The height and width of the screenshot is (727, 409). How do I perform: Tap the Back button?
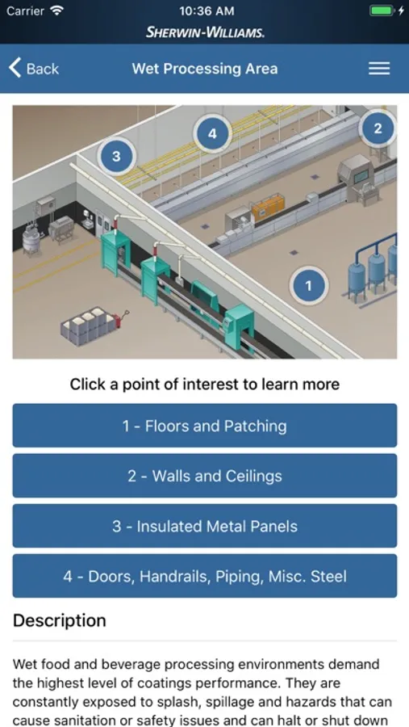(34, 69)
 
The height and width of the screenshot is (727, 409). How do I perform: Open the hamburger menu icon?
(379, 69)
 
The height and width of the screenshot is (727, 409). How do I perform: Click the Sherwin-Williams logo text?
(205, 32)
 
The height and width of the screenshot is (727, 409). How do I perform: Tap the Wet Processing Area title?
(205, 69)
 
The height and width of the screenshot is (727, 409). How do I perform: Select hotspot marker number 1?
(309, 286)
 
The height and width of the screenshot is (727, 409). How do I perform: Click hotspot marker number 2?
(378, 128)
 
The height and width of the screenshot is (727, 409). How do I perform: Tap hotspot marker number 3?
(116, 156)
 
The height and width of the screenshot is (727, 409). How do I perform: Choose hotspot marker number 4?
(212, 133)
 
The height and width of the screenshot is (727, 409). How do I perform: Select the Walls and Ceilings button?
(205, 476)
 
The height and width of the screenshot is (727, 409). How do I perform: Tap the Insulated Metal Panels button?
(205, 526)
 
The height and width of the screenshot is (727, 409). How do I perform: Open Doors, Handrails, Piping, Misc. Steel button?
(205, 576)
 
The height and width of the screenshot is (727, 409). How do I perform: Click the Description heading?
(59, 620)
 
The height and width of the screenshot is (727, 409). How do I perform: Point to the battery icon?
(382, 11)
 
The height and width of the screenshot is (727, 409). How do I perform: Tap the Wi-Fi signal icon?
(57, 11)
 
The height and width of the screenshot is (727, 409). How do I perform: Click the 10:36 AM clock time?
(207, 11)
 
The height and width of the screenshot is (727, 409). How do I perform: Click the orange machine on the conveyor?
(268, 207)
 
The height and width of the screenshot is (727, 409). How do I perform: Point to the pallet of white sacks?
(90, 325)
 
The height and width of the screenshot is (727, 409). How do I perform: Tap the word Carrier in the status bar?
(25, 11)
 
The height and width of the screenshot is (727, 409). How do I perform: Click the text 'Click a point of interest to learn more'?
(205, 384)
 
